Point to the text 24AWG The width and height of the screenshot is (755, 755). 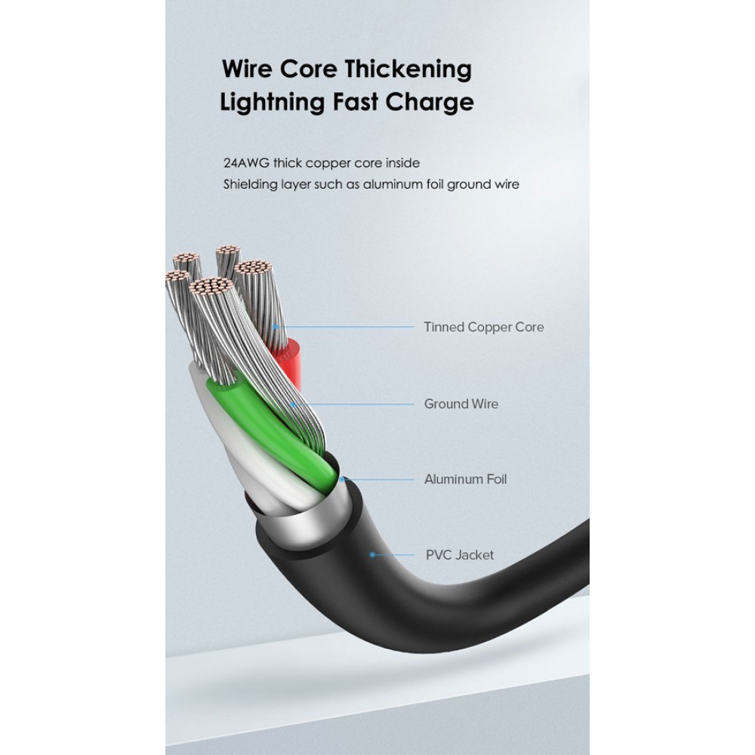(246, 162)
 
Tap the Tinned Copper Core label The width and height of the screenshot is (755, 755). (483, 327)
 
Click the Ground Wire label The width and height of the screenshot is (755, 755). (461, 404)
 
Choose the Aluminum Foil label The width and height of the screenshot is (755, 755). (465, 479)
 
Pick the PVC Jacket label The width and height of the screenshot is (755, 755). (459, 555)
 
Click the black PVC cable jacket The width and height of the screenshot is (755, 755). (423, 604)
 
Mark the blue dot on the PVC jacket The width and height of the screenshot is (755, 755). (371, 555)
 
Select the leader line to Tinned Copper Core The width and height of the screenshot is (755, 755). (347, 327)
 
